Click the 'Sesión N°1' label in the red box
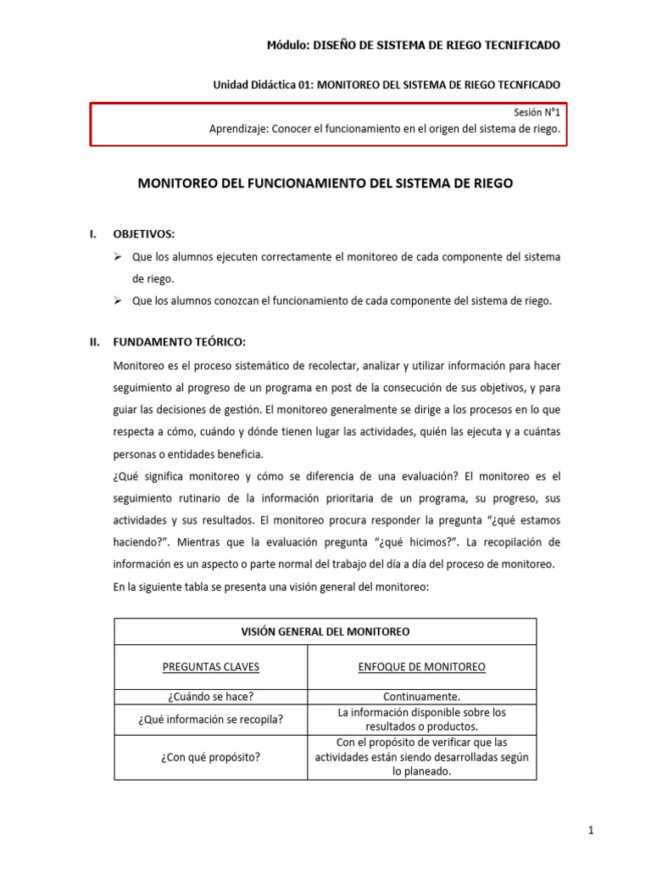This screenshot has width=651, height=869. pos(537,112)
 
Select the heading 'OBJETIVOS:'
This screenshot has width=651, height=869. pos(144,234)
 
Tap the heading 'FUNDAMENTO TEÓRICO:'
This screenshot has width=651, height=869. pos(179,343)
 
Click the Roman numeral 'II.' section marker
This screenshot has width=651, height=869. pos(96,343)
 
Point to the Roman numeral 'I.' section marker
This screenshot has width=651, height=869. pos(93,234)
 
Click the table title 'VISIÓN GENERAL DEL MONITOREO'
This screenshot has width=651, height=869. pos(325,632)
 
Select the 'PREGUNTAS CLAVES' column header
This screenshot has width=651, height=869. pos(211,667)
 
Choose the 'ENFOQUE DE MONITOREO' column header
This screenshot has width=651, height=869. pos(421,667)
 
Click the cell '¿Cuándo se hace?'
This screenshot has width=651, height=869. pos(210,697)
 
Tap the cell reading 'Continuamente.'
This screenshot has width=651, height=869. pos(421,697)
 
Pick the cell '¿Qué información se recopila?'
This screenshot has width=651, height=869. pos(210,720)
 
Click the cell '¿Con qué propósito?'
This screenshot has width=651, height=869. pos(210,757)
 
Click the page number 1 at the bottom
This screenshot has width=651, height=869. pos(590,832)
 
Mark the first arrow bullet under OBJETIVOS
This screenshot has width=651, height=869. pos(119,256)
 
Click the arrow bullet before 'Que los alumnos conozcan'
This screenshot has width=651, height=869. pos(119,300)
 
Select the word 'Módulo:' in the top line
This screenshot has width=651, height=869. pos(288,45)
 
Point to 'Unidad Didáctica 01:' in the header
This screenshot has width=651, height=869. pos(262,85)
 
